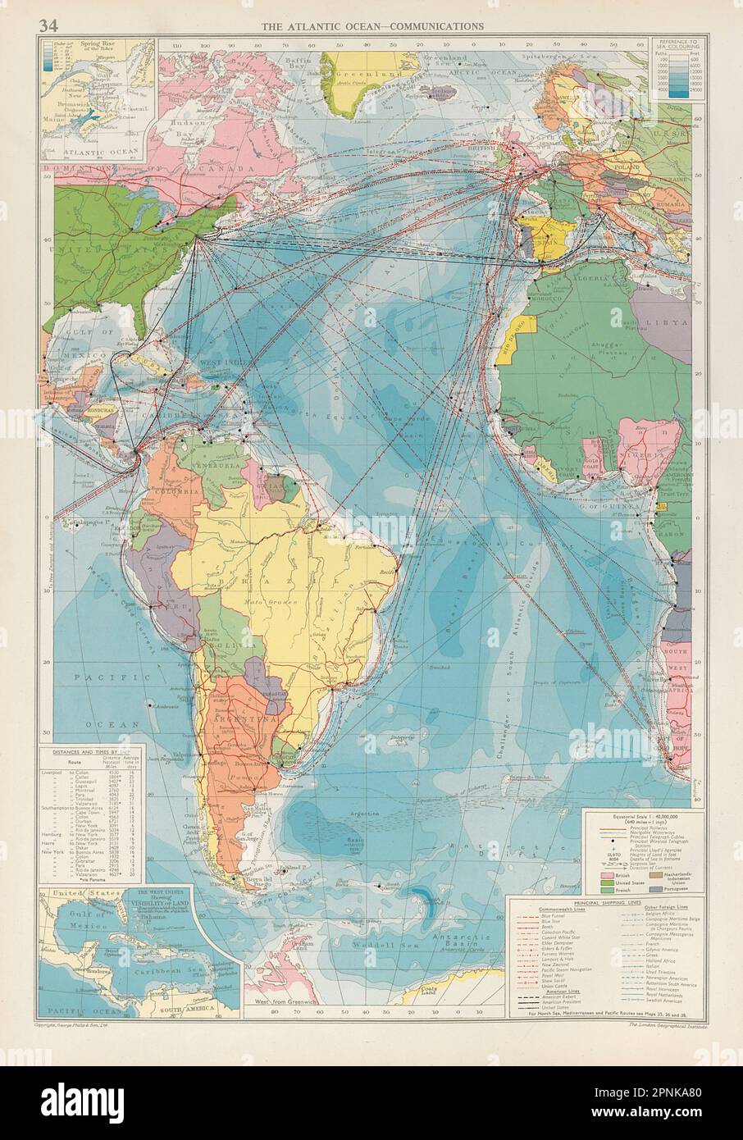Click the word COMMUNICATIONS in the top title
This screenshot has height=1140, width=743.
(x=436, y=26)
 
